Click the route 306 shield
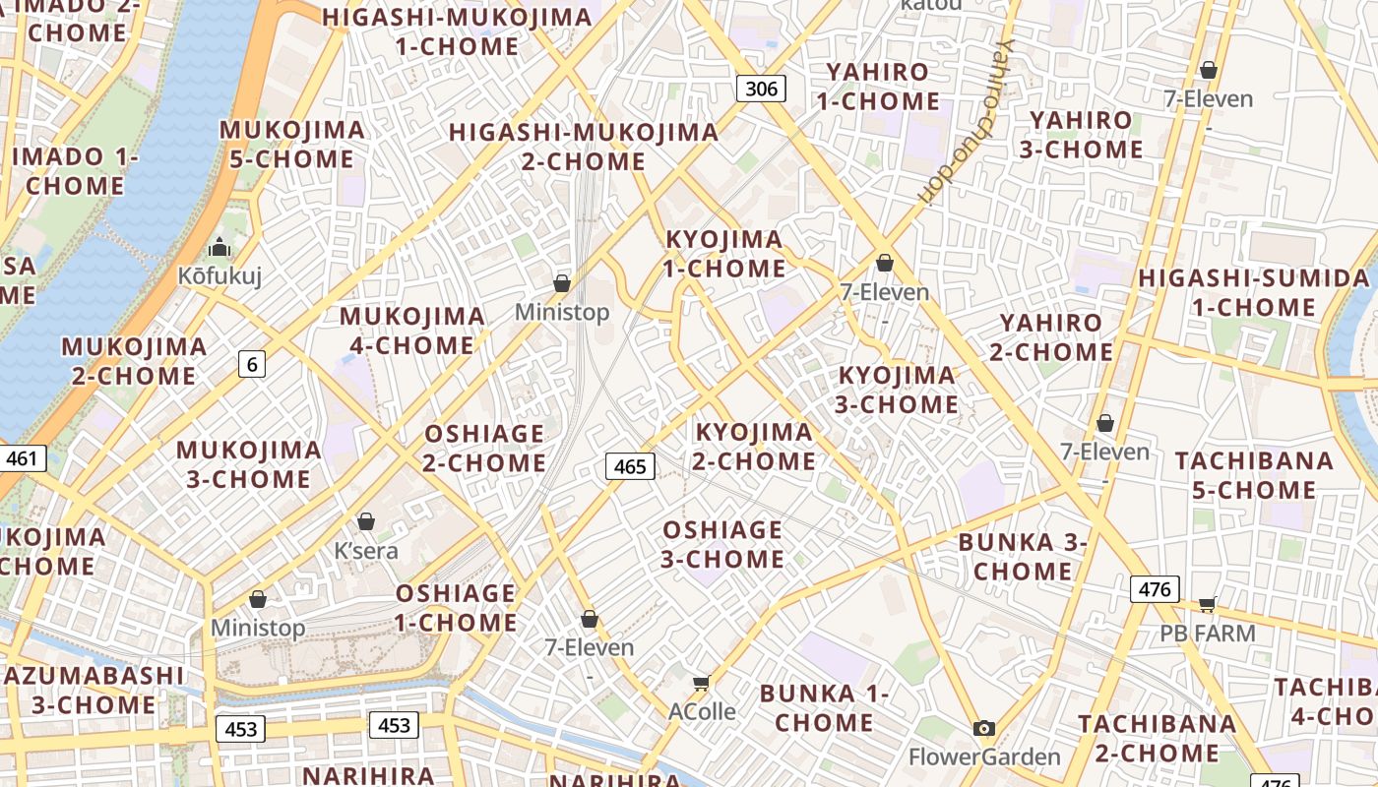[x=761, y=89]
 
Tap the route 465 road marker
[x=630, y=466]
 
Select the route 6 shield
[x=252, y=365]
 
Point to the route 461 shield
[x=21, y=458]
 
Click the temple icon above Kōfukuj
[x=219, y=247]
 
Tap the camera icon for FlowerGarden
[x=983, y=729]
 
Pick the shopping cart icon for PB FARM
[x=1208, y=604]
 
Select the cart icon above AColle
[x=701, y=683]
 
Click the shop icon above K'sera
[x=366, y=521]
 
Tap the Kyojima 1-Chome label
[x=725, y=254]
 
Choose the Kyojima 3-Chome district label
[x=897, y=390]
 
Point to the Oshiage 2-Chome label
[x=484, y=449]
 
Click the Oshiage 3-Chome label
[x=722, y=545]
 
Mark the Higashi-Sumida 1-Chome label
[x=1254, y=293]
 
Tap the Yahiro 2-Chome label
[x=1051, y=337]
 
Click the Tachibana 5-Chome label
[x=1254, y=475]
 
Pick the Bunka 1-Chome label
[x=824, y=708]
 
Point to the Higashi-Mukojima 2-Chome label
[x=584, y=147]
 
